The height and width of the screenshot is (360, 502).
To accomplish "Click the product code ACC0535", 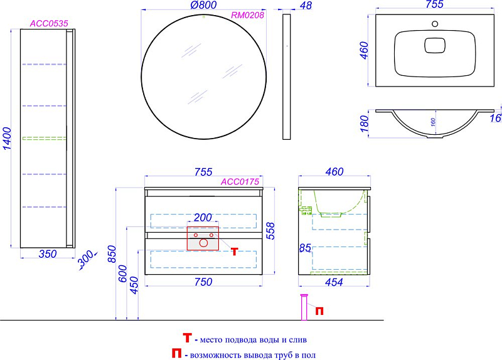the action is point(49,23).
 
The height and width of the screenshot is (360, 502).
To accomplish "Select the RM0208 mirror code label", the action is point(247,15).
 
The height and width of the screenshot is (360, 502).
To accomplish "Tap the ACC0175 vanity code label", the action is point(240,182).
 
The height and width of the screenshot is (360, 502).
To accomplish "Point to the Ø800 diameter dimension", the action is point(203,5).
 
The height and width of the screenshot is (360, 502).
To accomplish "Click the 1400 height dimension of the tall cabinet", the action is point(7,139).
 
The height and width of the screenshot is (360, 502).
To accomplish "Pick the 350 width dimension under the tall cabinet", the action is point(48,254).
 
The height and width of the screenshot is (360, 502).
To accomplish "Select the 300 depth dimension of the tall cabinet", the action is point(86,258).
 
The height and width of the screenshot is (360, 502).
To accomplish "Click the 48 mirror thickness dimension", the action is point(306,6).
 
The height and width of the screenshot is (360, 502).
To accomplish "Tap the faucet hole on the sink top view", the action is point(435,24).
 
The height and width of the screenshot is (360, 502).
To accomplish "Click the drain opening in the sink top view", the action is point(435,45).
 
